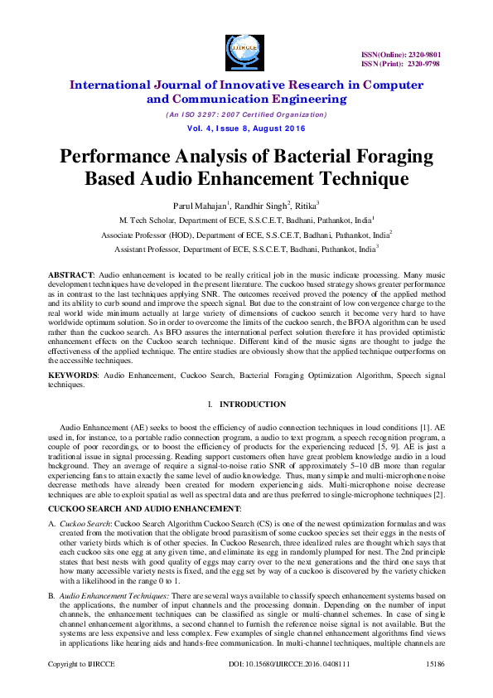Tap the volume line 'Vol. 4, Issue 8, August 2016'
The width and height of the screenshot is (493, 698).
246,128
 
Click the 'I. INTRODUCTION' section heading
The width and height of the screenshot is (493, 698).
246,405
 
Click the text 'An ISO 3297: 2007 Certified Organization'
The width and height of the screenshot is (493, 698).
246,114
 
